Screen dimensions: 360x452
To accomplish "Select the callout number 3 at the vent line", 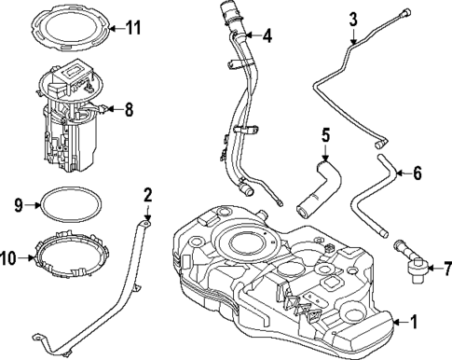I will click(x=353, y=20).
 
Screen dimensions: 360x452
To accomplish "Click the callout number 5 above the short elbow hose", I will click(x=325, y=135).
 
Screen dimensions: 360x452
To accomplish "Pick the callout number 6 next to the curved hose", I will click(x=417, y=172).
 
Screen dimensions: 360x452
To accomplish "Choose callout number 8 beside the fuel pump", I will click(x=129, y=109).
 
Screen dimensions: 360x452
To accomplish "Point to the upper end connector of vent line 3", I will click(x=408, y=11).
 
